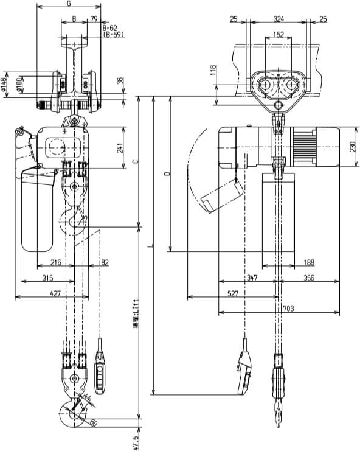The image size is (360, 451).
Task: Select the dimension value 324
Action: click(x=279, y=19)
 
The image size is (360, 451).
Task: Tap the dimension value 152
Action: click(x=279, y=35)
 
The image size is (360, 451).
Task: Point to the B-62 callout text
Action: click(x=110, y=28)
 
